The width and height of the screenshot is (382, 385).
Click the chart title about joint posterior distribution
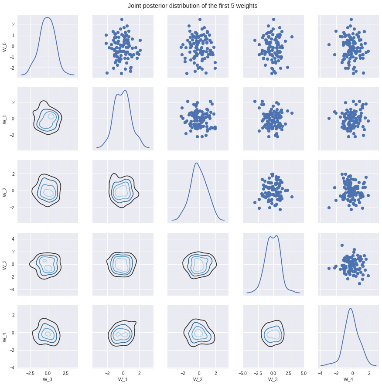click(192, 6)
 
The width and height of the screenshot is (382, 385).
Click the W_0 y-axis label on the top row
click(5, 46)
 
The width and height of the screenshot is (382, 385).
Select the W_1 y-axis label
click(5, 119)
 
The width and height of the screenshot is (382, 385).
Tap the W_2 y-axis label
click(5, 191)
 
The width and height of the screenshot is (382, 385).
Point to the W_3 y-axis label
click(5, 264)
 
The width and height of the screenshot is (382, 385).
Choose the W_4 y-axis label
click(5, 336)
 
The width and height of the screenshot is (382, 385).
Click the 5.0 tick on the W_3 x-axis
click(303, 374)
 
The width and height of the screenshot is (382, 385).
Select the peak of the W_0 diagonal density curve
click(48, 18)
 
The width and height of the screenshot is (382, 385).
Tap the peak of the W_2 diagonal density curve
click(197, 163)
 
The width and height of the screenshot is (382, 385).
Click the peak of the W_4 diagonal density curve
click(350, 308)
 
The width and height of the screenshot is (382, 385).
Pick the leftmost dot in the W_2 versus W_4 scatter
click(329, 208)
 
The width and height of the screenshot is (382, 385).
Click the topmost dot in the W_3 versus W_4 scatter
click(342, 245)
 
